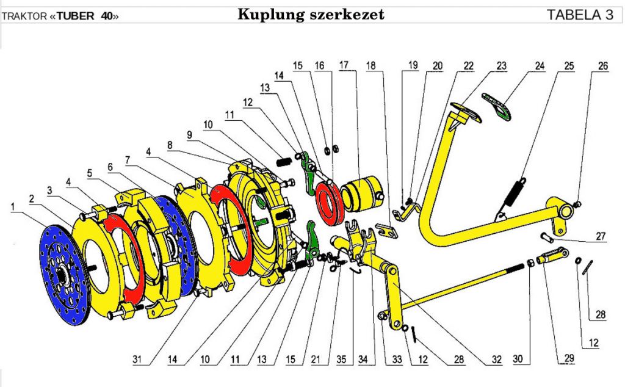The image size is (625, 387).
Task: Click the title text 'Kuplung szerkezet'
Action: coord(311,15)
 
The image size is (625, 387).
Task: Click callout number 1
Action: coord(12,207)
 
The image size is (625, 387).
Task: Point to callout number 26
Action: coord(603,67)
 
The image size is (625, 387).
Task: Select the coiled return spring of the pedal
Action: coord(510,195)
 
